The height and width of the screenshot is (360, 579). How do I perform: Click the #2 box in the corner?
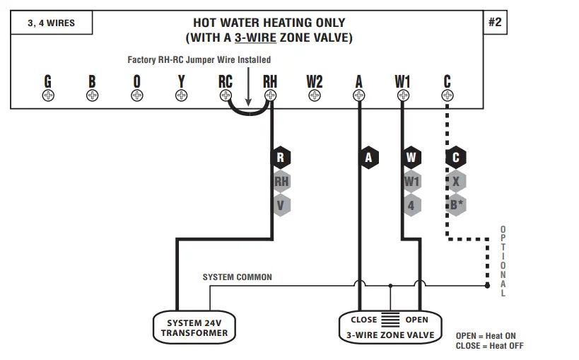pyautogui.click(x=494, y=23)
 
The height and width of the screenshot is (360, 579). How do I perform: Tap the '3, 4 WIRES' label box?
pyautogui.click(x=51, y=23)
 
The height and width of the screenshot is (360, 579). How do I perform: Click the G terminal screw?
pyautogui.click(x=48, y=95)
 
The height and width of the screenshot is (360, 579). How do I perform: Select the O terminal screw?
pyautogui.click(x=136, y=95)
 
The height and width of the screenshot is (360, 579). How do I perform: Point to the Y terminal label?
pyautogui.click(x=181, y=81)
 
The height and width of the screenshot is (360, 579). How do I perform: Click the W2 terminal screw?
pyautogui.click(x=315, y=95)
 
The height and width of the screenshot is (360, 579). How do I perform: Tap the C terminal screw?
pyautogui.click(x=447, y=95)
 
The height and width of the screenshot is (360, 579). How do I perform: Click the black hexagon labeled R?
pyautogui.click(x=281, y=158)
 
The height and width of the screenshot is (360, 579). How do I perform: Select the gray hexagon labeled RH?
pyautogui.click(x=281, y=182)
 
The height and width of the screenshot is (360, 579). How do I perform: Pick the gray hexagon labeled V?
pyautogui.click(x=281, y=205)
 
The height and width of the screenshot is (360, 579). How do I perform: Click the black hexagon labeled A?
pyautogui.click(x=368, y=158)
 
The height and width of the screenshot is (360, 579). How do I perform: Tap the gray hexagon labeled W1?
pyautogui.click(x=411, y=182)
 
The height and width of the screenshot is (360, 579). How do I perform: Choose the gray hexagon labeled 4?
pyautogui.click(x=411, y=205)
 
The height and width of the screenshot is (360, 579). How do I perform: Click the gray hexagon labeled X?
pyautogui.click(x=456, y=182)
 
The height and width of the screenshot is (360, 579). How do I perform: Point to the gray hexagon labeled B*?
pyautogui.click(x=456, y=205)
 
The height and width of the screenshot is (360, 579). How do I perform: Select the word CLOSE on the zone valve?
pyautogui.click(x=364, y=320)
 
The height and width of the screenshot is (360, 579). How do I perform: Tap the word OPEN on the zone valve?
pyautogui.click(x=416, y=320)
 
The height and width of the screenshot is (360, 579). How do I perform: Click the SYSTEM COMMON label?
pyautogui.click(x=237, y=277)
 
